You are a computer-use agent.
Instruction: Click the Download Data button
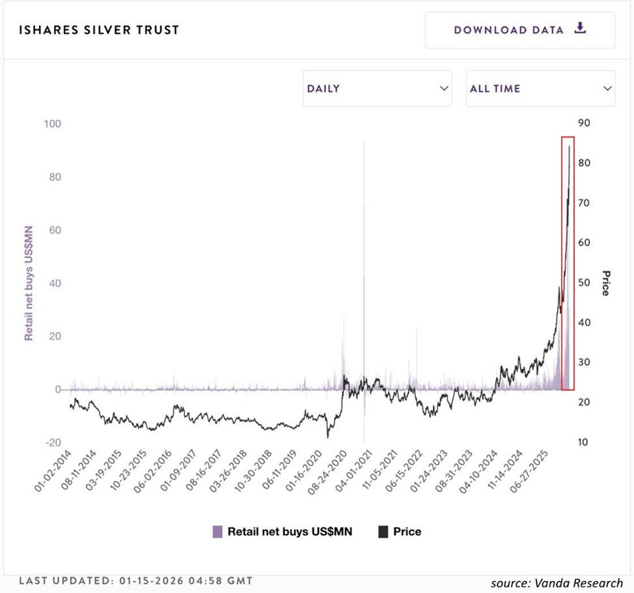pos(519,30)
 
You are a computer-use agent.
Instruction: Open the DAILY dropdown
pos(377,89)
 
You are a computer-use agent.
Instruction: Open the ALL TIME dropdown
pos(540,89)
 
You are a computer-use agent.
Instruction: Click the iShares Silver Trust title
pos(100,30)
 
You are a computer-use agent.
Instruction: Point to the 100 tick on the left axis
pos(52,124)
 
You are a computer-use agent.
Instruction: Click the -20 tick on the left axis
pos(52,443)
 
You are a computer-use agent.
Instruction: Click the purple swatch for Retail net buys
pos(218,532)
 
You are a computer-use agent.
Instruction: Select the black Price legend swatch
pos(383,532)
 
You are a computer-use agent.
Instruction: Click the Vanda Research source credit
pos(557,583)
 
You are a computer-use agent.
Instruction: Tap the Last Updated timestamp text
pos(136,580)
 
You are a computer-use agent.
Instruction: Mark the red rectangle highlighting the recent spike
pos(568,264)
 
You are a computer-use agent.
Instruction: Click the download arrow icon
pos(581,29)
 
